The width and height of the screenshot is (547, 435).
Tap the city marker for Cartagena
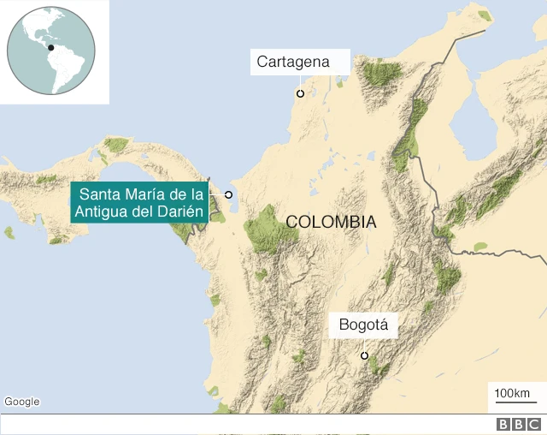click(x=300, y=93)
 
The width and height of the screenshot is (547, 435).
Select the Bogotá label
click(x=363, y=325)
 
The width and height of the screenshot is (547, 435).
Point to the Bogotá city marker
click(x=364, y=355)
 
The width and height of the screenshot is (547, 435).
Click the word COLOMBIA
click(x=331, y=222)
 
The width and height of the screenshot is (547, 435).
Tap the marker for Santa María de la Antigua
click(x=228, y=195)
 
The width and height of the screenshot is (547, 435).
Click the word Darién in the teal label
click(x=180, y=212)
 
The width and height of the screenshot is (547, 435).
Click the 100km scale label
click(x=511, y=392)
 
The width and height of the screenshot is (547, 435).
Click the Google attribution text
click(x=21, y=402)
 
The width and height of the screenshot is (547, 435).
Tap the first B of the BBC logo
click(x=503, y=425)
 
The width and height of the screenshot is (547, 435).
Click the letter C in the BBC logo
click(x=533, y=425)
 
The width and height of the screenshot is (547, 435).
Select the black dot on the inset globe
click(x=51, y=48)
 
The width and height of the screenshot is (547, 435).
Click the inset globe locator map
click(x=51, y=51)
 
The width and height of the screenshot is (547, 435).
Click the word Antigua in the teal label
click(x=104, y=212)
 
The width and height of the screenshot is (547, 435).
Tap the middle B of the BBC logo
click(x=518, y=425)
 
